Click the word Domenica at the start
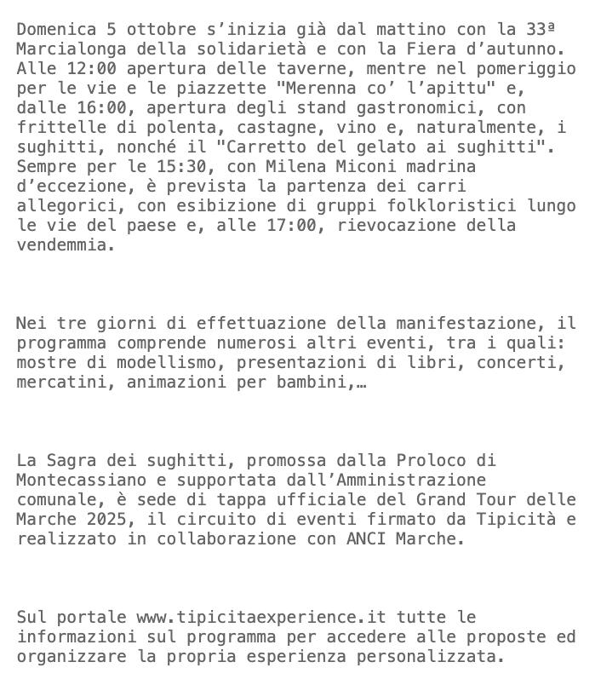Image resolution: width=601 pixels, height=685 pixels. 56,29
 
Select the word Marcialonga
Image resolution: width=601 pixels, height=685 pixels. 72,49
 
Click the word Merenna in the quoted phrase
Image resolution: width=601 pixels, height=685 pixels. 321,88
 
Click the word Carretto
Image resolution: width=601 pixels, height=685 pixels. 260,147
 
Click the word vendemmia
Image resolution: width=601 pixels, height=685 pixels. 61,245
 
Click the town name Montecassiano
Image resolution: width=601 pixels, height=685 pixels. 82,480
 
